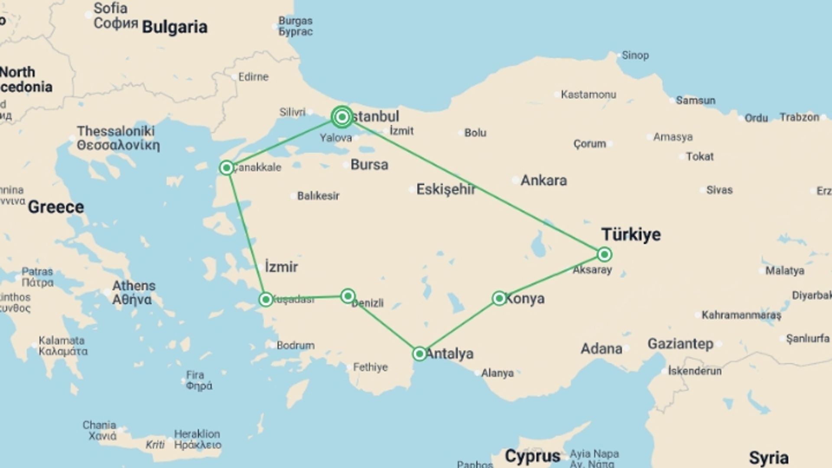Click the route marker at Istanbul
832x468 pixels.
point(342,117)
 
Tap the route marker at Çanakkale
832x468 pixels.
point(227,168)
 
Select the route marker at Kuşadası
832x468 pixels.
point(266,299)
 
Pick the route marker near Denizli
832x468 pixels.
point(348,296)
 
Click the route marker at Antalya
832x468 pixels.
point(419,354)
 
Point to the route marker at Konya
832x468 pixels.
point(499,298)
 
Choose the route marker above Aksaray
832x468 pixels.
point(604,254)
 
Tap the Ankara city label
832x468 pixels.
point(543,180)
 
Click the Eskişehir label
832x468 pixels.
point(445,189)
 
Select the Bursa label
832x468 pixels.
point(369,165)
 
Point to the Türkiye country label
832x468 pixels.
point(631,234)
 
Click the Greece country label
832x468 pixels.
point(56,207)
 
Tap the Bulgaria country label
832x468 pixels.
point(175,27)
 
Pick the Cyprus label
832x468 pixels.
point(533,456)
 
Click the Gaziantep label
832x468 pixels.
point(680,344)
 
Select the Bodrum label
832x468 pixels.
point(296,345)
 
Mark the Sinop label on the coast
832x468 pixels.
point(635,55)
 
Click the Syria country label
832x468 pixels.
point(769,458)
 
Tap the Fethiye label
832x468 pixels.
point(370,367)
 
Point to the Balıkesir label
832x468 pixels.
point(318,196)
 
